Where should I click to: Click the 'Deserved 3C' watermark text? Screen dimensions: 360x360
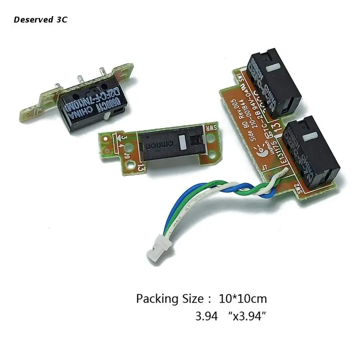click(x=40, y=20)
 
